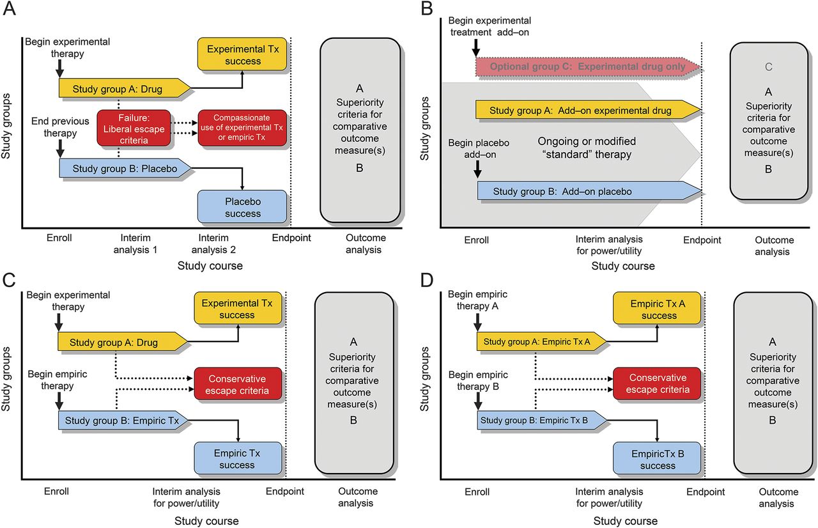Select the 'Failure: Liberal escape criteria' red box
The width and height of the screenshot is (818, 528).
click(x=134, y=128)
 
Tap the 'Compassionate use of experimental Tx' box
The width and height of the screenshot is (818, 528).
click(x=242, y=128)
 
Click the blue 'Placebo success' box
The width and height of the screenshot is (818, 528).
click(x=242, y=208)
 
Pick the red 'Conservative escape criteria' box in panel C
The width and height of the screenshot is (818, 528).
click(x=237, y=385)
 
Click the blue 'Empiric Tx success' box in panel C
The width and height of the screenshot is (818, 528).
click(x=237, y=459)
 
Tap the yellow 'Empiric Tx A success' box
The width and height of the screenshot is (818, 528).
click(x=658, y=310)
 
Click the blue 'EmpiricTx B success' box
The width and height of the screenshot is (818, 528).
click(x=658, y=460)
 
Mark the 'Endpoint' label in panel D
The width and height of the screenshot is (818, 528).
click(x=706, y=492)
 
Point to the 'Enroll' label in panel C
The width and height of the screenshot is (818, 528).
click(x=56, y=492)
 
